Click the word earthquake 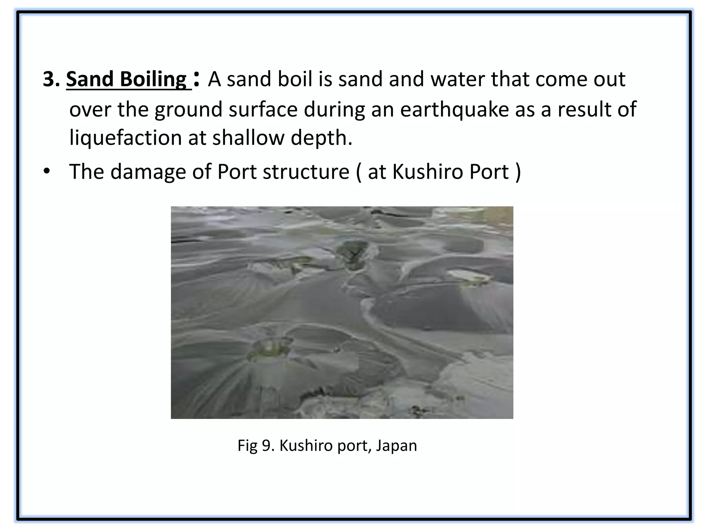(455, 109)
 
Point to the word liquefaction (125, 138)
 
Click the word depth (321, 138)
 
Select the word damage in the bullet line (148, 172)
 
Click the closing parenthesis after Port (518, 172)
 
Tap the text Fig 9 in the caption (256, 446)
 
